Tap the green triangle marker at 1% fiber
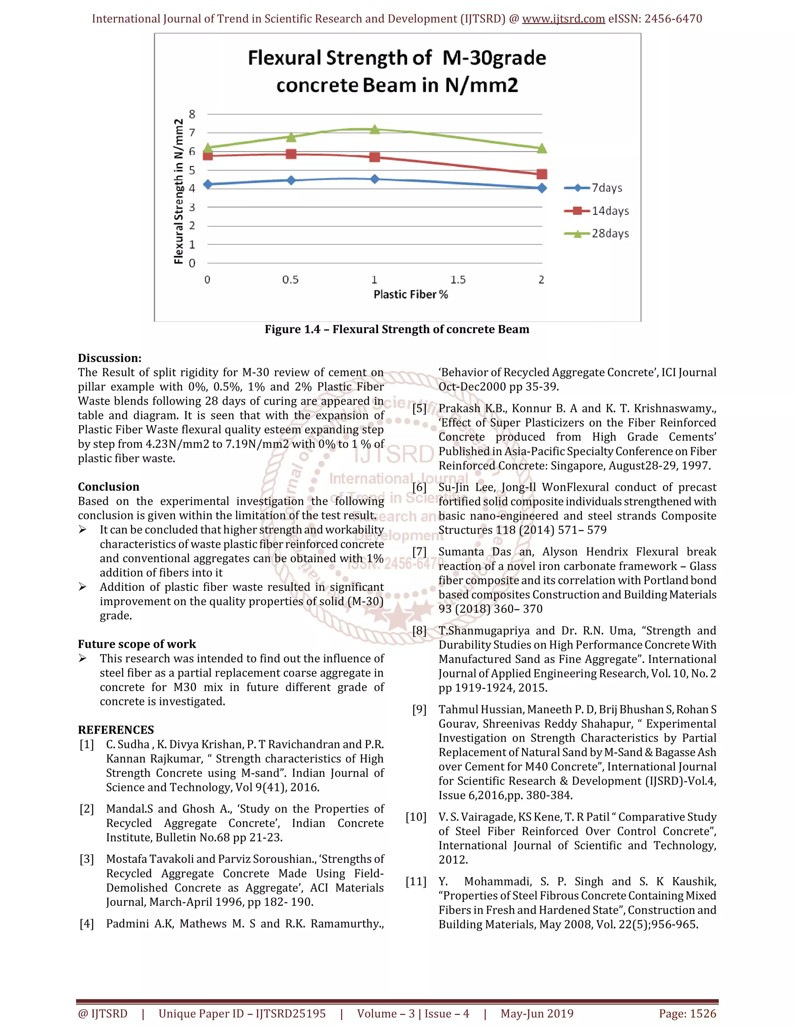[375, 129]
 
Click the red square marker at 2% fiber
[542, 174]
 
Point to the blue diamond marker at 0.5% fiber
[291, 180]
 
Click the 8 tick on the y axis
[192, 114]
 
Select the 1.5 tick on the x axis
[458, 280]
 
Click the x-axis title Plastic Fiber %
[411, 295]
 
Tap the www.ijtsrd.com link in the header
[563, 19]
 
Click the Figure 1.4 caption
[397, 329]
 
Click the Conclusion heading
[109, 487]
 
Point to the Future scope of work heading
[137, 644]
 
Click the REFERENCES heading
[116, 730]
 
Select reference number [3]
[87, 859]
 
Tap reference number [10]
[416, 817]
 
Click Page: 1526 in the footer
[687, 1013]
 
